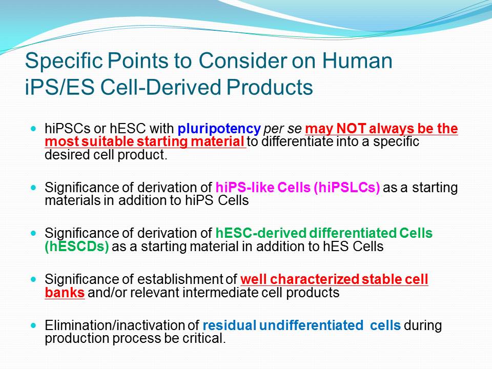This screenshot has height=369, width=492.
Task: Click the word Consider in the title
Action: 243,60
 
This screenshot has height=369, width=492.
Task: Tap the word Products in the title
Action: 270,87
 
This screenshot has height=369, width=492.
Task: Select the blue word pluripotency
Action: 219,129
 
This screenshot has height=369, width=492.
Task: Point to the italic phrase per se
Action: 282,129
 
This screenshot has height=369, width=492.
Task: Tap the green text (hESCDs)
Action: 77,247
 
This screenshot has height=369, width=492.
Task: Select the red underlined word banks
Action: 65,293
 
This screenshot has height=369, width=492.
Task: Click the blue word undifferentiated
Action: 311,325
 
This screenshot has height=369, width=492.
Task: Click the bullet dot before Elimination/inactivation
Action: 34,325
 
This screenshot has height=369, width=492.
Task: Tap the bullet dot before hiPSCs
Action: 34,129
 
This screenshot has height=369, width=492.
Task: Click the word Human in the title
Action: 357,60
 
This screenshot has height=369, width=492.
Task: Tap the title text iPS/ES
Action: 59,87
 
